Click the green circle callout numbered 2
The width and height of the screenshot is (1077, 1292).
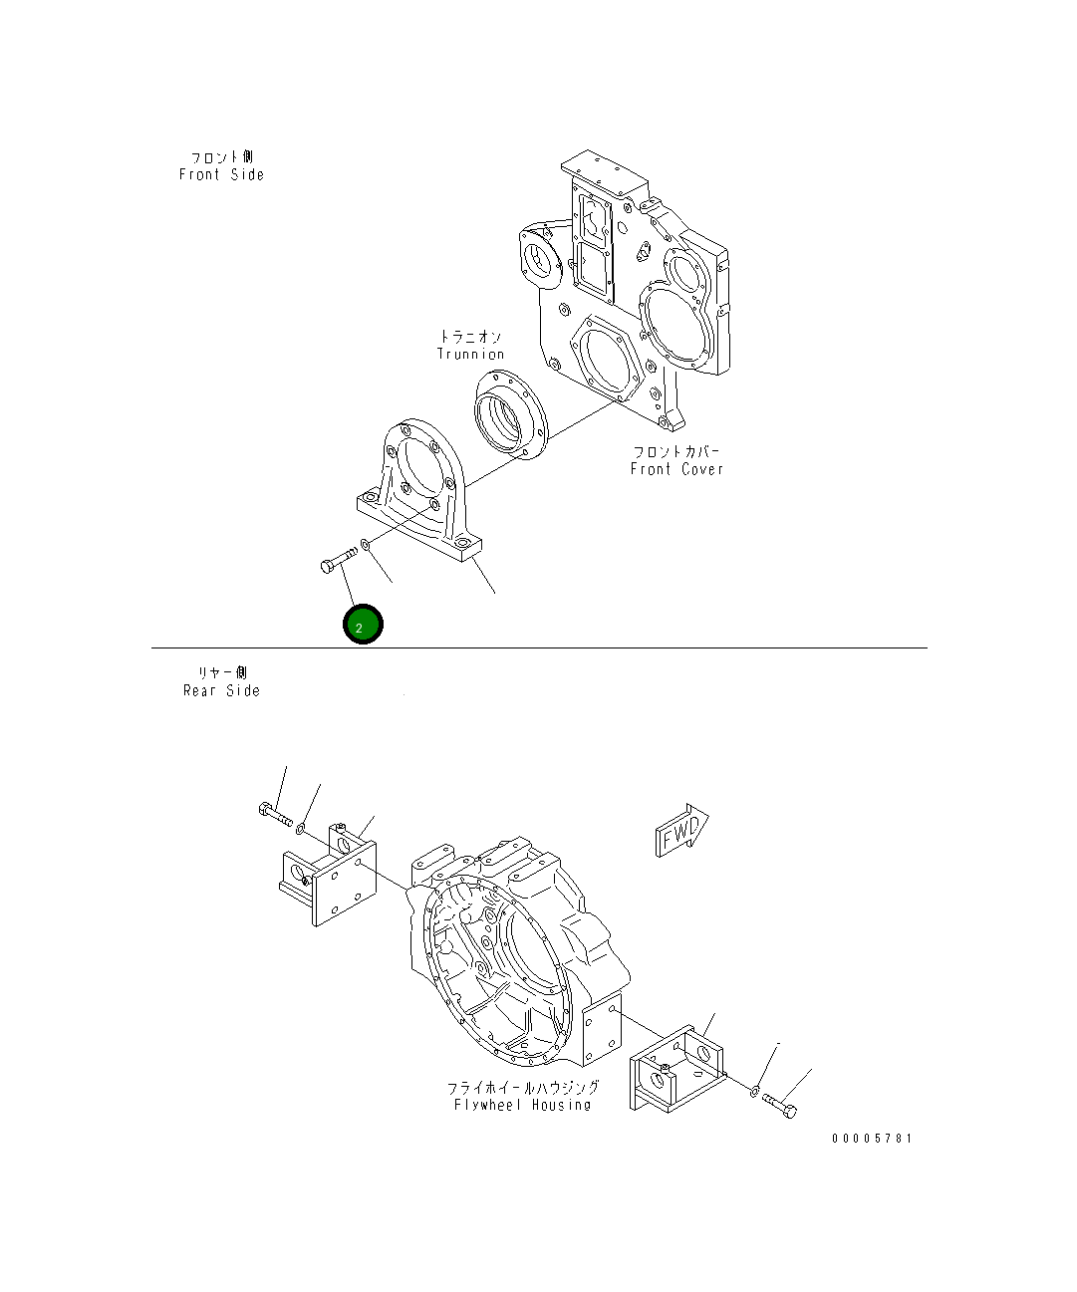point(362,625)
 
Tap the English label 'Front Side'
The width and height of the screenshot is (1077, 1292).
point(221,175)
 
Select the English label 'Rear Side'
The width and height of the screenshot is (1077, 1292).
point(221,690)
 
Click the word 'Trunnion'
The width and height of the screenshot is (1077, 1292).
point(470,355)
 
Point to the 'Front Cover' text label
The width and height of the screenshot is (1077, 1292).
point(676,469)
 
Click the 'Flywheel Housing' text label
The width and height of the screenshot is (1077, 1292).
point(522,1105)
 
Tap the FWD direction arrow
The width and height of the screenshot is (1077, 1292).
point(681,831)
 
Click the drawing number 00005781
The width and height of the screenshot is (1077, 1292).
point(872,1139)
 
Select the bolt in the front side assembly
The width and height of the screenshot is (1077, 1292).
point(338,560)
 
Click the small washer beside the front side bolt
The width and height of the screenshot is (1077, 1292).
point(366,544)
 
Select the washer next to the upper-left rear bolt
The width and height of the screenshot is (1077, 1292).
point(300,829)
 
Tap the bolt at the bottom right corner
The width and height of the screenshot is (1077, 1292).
point(779,1106)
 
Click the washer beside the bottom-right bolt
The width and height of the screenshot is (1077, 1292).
point(756,1092)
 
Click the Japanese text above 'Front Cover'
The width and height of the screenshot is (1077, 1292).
point(676,451)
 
